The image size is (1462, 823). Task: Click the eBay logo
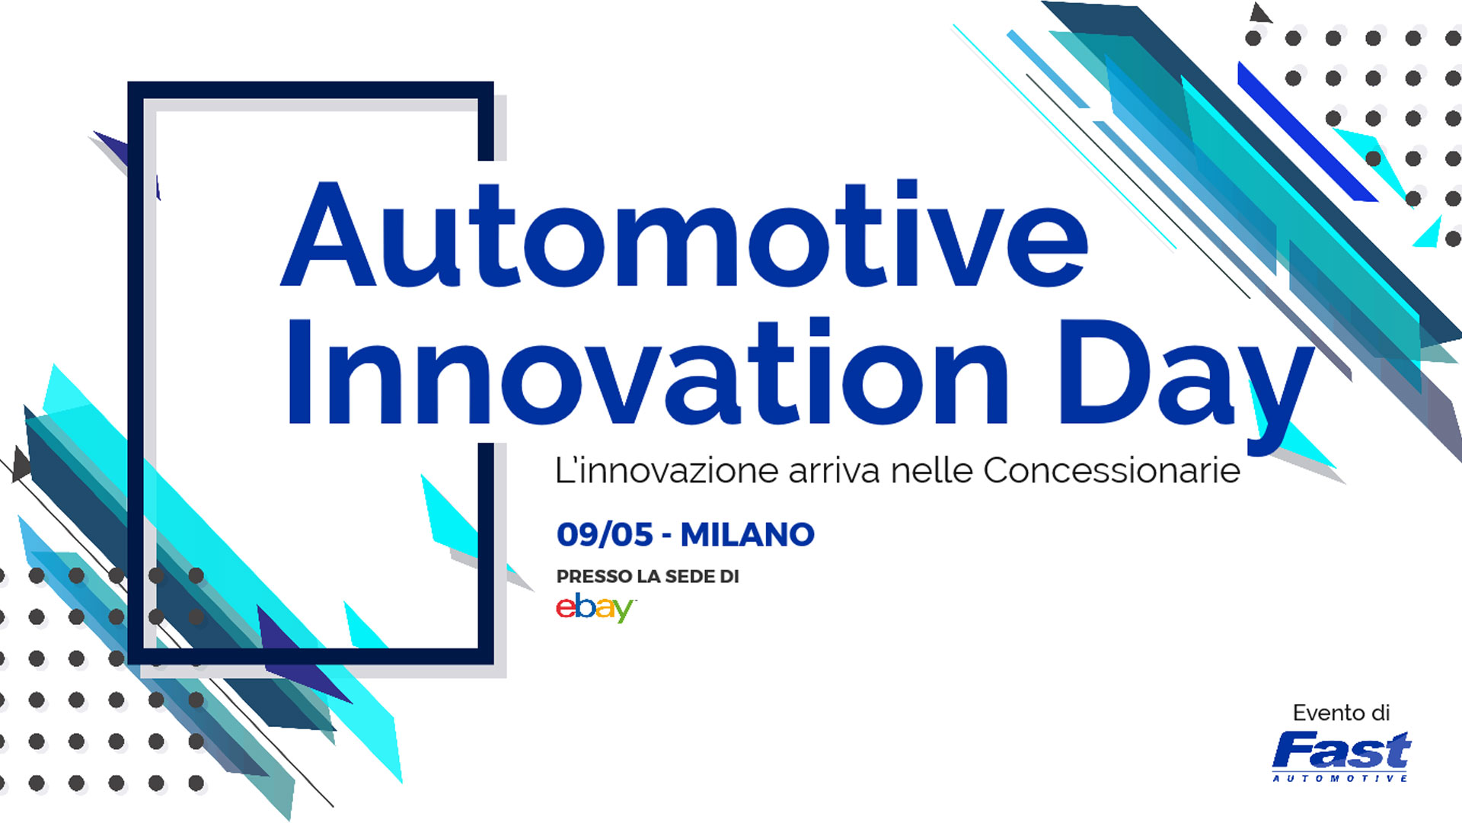595,607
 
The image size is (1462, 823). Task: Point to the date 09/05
605,535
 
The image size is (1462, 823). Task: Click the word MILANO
748,535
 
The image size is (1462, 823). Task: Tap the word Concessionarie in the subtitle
1112,470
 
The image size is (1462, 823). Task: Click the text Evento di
1342,713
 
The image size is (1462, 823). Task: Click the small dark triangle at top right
1260,13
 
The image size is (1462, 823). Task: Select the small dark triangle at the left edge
21,464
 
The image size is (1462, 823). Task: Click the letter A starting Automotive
328,234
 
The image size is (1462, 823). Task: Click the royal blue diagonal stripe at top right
1307,133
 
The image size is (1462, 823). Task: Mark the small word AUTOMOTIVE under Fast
1340,778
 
